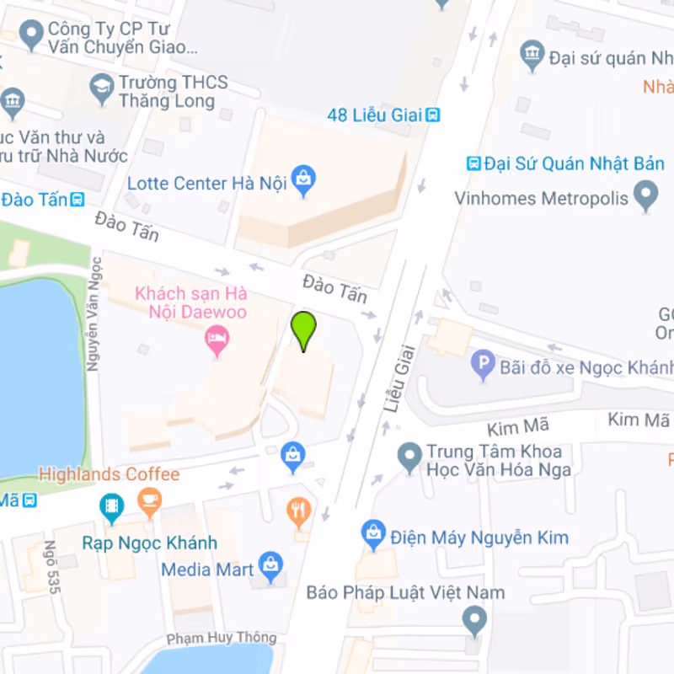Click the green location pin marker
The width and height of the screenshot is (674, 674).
pyautogui.click(x=303, y=329)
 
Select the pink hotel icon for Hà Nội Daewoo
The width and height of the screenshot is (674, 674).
pyautogui.click(x=218, y=341)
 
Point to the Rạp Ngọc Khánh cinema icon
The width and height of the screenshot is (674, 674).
pyautogui.click(x=111, y=505)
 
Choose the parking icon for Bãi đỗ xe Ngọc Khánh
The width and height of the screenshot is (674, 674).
pyautogui.click(x=483, y=365)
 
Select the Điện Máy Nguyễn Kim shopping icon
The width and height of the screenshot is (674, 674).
pyautogui.click(x=372, y=533)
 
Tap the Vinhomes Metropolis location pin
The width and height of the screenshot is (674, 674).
pyautogui.click(x=645, y=197)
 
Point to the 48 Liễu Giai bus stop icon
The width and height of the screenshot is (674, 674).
pyautogui.click(x=432, y=115)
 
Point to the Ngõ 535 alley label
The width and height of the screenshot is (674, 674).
pyautogui.click(x=52, y=566)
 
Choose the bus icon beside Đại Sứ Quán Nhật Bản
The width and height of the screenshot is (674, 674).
pyautogui.click(x=474, y=163)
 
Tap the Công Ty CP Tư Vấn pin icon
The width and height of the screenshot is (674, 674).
pyautogui.click(x=32, y=35)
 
